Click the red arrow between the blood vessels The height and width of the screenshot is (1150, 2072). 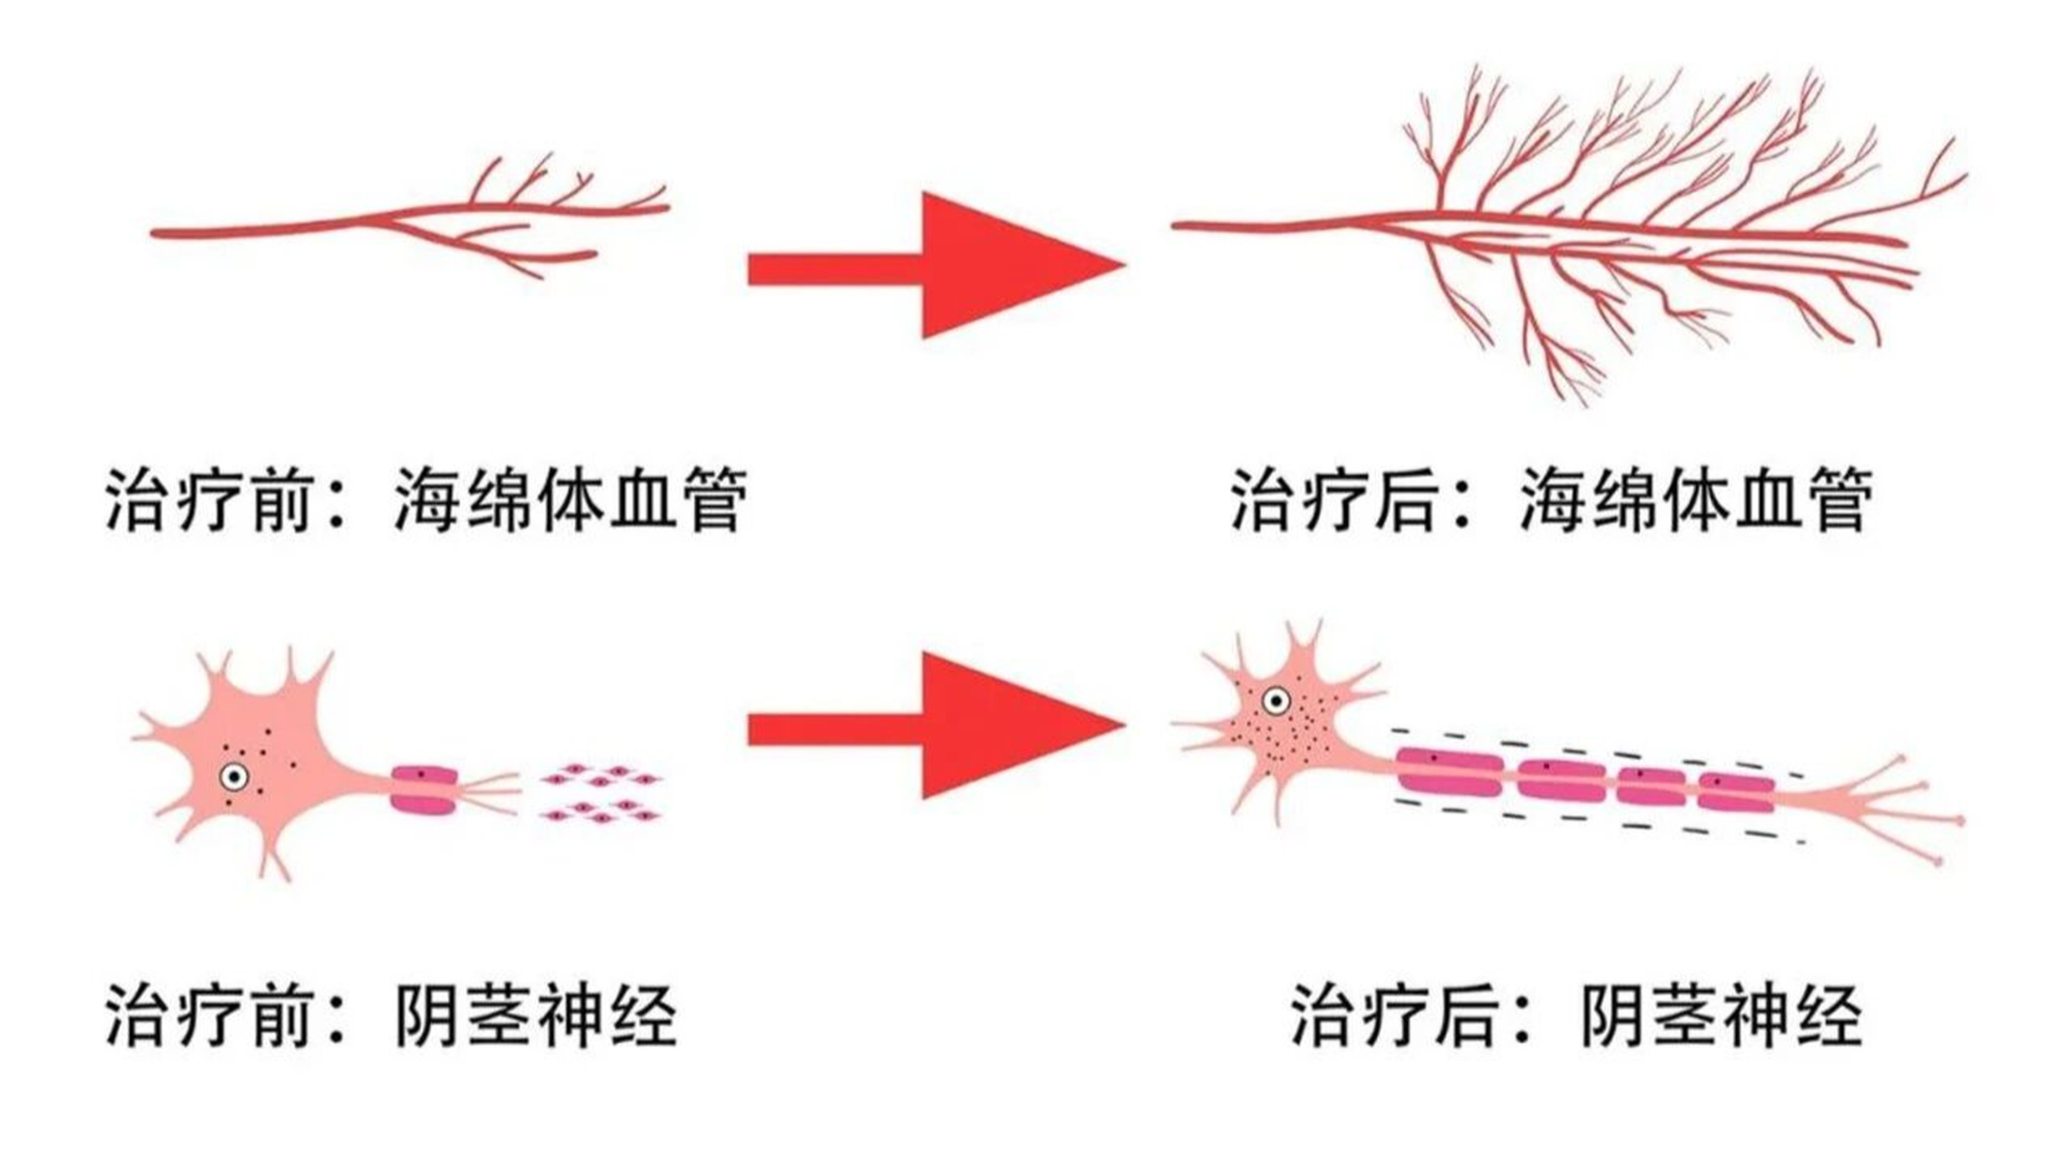point(936,266)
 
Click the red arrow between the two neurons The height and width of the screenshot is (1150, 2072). point(936,726)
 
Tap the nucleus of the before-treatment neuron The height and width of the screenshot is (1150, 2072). point(234,777)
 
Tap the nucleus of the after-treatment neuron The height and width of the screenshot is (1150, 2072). point(1276,700)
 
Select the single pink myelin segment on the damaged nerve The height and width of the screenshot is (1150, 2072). point(424,790)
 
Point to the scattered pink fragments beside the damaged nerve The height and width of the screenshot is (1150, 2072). point(601,792)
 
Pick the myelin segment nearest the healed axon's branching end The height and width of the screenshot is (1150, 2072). point(1736,792)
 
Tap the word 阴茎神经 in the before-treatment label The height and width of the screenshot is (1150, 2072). point(536,1016)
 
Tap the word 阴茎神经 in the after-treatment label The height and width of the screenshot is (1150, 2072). point(1722,1016)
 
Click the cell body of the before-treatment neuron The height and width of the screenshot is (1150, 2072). point(259,765)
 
